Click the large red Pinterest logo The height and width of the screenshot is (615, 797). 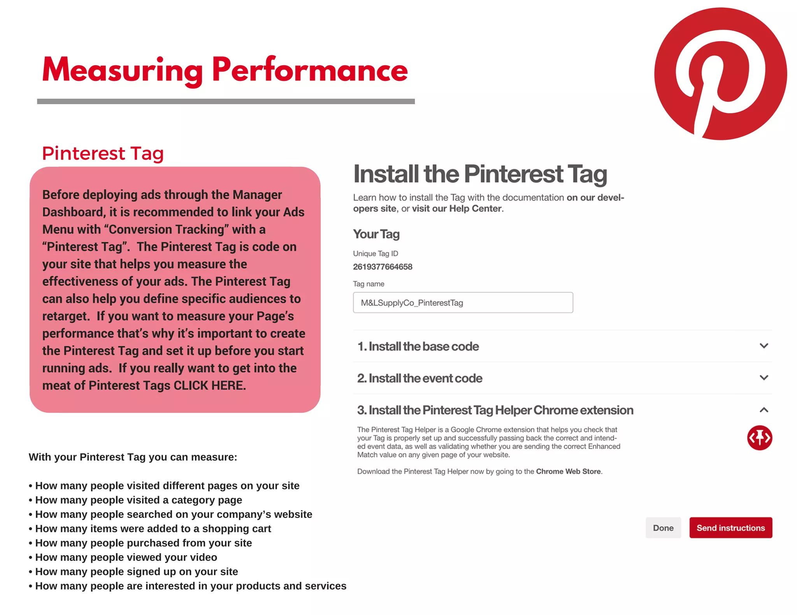click(x=720, y=74)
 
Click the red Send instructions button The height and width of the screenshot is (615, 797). click(x=730, y=528)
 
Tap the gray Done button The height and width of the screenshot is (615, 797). click(x=663, y=528)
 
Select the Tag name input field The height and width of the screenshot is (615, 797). click(x=463, y=302)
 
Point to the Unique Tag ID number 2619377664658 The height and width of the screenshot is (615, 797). click(x=383, y=267)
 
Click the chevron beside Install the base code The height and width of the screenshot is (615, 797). click(x=764, y=346)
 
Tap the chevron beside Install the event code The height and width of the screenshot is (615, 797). click(x=764, y=377)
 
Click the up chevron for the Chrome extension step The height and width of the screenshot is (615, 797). click(x=764, y=410)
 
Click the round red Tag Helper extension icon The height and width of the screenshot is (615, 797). click(x=759, y=438)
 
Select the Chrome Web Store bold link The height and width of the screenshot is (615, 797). click(x=568, y=471)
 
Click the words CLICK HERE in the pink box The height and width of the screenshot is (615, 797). click(x=209, y=385)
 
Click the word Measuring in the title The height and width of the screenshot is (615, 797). click(x=123, y=70)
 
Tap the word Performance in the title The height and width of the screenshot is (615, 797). click(x=310, y=70)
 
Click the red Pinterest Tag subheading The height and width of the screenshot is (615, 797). click(x=103, y=153)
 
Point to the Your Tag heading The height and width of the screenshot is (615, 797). click(x=376, y=234)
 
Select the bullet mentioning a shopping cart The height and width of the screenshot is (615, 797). click(x=153, y=528)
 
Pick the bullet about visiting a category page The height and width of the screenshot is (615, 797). click(x=139, y=500)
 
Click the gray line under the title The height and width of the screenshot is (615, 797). click(x=226, y=101)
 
